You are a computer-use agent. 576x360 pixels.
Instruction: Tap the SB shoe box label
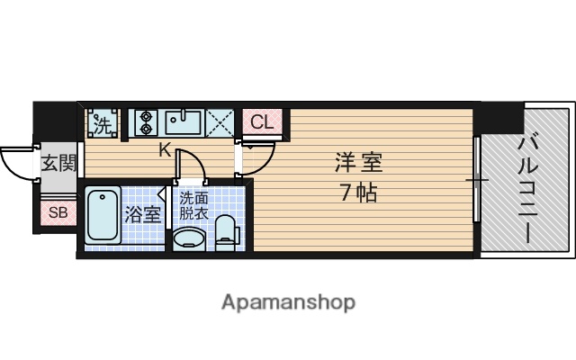click(58, 213)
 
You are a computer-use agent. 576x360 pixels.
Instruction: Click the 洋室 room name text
click(359, 164)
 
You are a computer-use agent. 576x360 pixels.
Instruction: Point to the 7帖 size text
click(357, 193)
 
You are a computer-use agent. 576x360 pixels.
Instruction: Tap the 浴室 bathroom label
click(142, 215)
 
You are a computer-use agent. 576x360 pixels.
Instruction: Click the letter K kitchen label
click(165, 151)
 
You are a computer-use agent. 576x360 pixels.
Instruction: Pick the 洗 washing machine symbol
click(103, 122)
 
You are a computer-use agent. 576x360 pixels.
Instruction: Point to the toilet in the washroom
click(227, 231)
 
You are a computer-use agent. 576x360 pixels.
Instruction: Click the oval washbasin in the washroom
click(189, 238)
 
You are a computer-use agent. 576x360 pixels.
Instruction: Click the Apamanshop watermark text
click(288, 301)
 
